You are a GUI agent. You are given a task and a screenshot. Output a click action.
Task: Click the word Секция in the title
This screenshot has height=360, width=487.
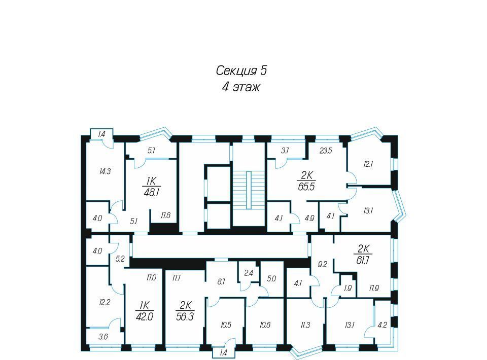(x=236, y=71)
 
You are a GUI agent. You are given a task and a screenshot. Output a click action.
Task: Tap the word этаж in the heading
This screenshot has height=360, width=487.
(x=246, y=87)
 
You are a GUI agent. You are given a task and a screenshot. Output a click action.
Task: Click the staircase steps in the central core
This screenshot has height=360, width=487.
(x=249, y=190)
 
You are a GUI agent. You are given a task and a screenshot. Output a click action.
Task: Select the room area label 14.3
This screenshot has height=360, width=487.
(x=105, y=171)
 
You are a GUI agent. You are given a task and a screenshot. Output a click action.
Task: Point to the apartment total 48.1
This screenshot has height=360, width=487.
(x=152, y=193)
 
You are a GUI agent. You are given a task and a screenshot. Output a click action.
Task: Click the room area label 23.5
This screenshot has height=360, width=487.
(x=326, y=151)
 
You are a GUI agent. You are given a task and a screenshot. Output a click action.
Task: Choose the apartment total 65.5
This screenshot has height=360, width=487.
(x=306, y=187)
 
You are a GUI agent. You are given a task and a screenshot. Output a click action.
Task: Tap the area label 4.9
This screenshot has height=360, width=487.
(x=309, y=218)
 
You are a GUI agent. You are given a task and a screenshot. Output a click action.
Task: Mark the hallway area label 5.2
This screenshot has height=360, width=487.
(x=120, y=259)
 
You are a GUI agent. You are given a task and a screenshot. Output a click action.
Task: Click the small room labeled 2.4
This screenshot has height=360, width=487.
(x=249, y=273)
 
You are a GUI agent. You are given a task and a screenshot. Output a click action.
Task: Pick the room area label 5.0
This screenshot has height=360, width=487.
(x=271, y=279)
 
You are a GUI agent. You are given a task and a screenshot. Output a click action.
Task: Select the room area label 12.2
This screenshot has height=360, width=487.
(x=105, y=302)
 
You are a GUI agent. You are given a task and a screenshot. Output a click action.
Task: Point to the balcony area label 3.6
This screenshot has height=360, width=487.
(x=103, y=336)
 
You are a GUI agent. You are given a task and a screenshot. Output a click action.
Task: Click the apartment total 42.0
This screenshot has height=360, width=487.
(x=145, y=316)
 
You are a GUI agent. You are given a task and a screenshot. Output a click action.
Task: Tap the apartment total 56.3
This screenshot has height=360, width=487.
(x=185, y=316)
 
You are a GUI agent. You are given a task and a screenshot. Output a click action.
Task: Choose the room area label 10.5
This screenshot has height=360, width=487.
(x=226, y=325)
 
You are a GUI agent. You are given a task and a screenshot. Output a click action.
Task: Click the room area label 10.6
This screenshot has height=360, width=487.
(x=265, y=325)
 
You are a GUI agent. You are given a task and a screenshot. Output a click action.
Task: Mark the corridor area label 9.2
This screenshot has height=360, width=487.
(x=323, y=264)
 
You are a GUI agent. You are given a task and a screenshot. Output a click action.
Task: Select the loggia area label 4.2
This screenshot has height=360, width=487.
(x=382, y=326)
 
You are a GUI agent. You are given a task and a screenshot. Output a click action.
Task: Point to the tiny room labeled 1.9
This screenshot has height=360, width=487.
(x=348, y=289)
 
